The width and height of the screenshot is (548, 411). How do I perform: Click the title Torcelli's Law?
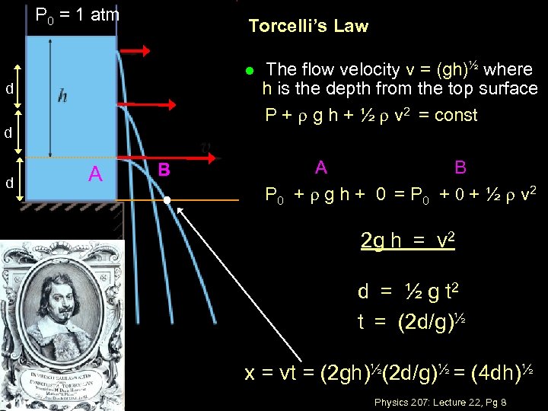pos(308,27)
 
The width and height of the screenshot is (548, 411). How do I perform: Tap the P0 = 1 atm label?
pos(78,14)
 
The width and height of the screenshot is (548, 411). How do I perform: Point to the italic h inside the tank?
pos(62,96)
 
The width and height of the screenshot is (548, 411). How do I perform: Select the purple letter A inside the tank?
pos(95,174)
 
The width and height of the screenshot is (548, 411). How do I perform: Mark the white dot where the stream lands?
pos(167,200)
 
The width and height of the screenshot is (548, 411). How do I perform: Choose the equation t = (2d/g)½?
pos(411,321)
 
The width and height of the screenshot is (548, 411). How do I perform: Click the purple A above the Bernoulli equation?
pos(321,167)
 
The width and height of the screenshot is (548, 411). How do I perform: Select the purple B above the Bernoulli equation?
pos(460,167)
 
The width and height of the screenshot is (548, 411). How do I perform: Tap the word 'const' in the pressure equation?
pos(455,116)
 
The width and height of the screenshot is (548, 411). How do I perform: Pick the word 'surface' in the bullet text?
pos(511,89)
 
